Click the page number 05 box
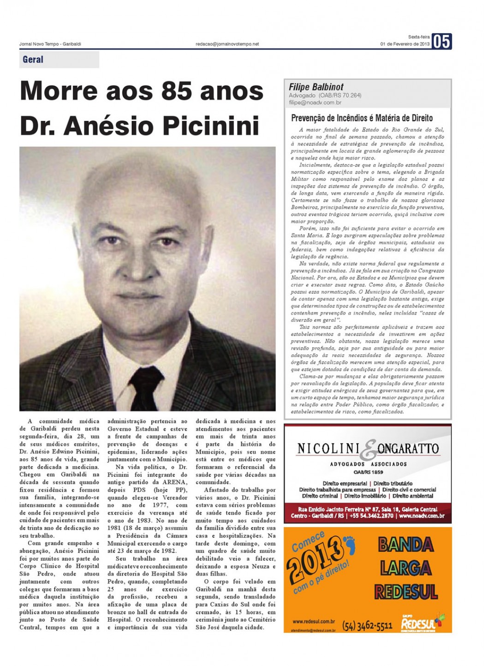[441, 42]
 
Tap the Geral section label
[33, 60]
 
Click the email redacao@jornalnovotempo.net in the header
[227, 44]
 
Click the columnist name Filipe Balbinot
[316, 87]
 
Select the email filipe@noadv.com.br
[315, 102]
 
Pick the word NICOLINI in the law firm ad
[328, 448]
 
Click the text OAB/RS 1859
[368, 472]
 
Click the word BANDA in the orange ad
[406, 545]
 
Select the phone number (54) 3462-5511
[367, 625]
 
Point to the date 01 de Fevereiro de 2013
[405, 44]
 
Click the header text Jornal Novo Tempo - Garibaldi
[50, 44]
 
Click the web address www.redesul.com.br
[313, 622]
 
